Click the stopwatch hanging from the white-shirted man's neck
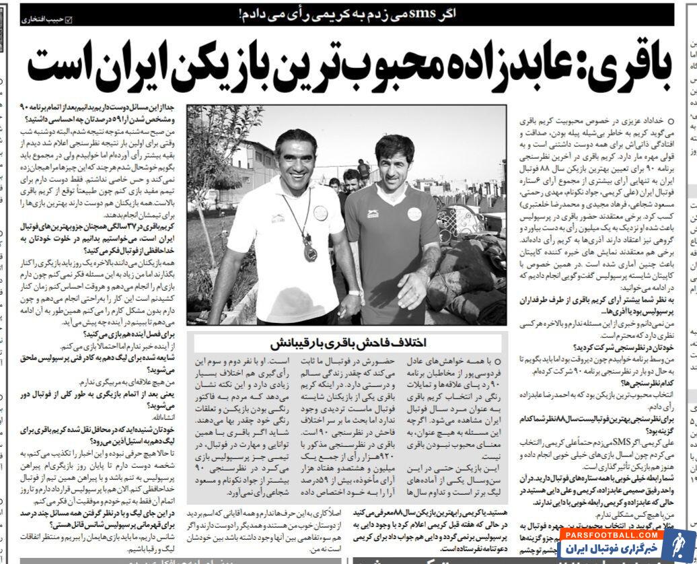coord(309,252)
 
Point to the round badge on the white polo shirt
coord(320,213)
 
